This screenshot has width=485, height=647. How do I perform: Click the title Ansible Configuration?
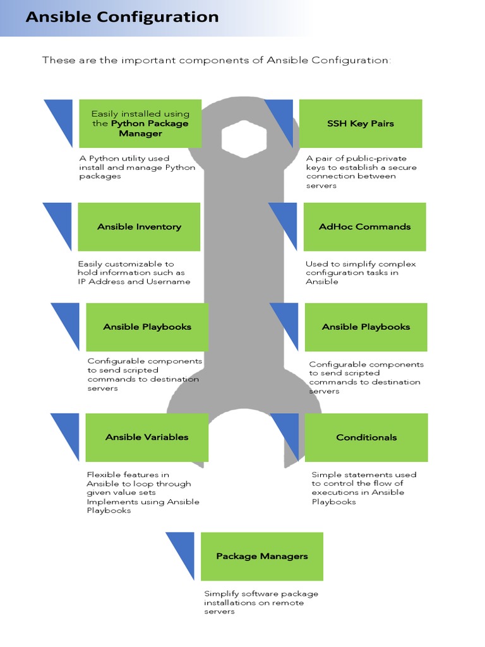122,17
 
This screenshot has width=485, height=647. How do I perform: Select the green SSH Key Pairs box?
361,123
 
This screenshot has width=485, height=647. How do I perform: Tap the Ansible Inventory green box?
139,227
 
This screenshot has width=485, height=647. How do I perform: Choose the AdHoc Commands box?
364,227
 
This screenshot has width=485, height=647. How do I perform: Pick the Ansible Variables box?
147,437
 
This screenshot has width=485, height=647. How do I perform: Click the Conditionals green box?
366,437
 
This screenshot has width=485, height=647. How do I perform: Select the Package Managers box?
262,556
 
